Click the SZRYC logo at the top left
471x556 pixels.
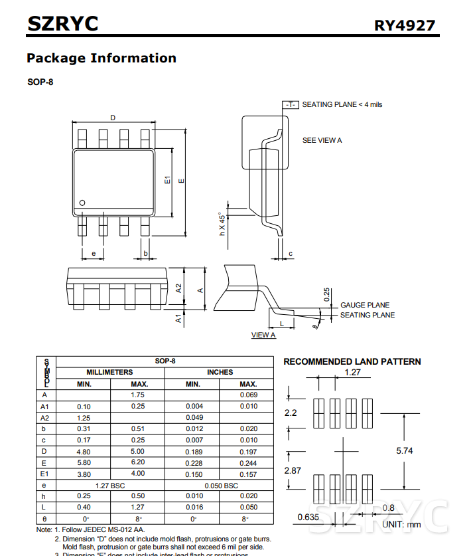click(62, 24)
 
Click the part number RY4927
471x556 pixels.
click(405, 25)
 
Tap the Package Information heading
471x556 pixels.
click(101, 58)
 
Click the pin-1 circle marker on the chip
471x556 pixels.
click(82, 203)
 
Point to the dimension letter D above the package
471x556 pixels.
click(113, 118)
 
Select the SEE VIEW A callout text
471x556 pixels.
click(322, 141)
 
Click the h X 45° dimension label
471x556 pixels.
click(222, 225)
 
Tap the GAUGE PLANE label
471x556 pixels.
click(365, 305)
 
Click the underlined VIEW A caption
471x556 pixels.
click(263, 335)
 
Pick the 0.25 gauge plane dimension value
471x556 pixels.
click(326, 294)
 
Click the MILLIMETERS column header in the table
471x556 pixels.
click(109, 373)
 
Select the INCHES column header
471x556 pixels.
click(220, 373)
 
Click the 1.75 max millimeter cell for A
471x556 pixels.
click(138, 395)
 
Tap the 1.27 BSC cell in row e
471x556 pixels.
click(110, 486)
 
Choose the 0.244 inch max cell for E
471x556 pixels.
click(248, 463)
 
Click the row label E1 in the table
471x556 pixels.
click(45, 474)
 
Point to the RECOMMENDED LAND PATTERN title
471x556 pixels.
click(352, 362)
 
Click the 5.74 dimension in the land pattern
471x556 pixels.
click(405, 450)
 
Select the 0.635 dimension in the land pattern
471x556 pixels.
click(308, 517)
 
